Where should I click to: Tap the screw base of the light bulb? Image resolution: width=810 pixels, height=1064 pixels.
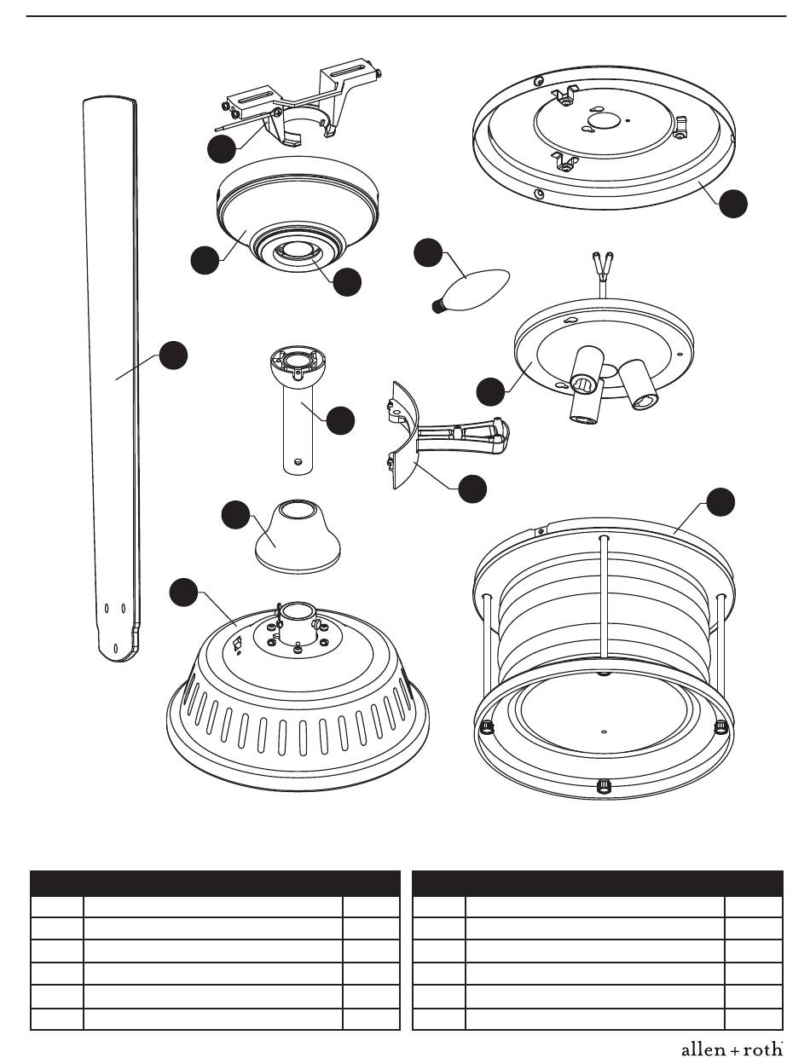tap(438, 306)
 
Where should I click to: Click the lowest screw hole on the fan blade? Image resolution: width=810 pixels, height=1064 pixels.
tap(116, 648)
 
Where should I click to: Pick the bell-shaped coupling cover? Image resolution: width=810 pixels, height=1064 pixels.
tap(298, 535)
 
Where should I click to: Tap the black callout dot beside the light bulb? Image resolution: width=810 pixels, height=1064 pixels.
tap(429, 253)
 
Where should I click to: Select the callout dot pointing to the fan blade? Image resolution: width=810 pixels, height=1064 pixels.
tap(174, 356)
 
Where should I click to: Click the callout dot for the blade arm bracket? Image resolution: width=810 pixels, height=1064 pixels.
tap(472, 489)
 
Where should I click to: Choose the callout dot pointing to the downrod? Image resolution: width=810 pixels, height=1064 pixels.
tap(340, 420)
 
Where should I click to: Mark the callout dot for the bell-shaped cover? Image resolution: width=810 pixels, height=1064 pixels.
tap(235, 515)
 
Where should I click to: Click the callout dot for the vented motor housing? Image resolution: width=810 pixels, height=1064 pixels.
tap(183, 593)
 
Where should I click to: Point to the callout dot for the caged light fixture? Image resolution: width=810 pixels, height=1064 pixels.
tap(720, 502)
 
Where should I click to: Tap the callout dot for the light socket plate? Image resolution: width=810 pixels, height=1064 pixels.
tap(490, 391)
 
